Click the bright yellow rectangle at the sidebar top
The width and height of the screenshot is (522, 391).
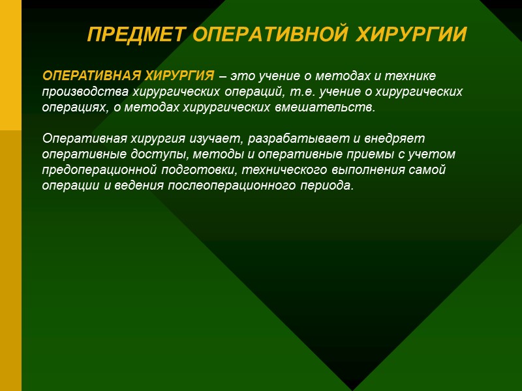point(10,65)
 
